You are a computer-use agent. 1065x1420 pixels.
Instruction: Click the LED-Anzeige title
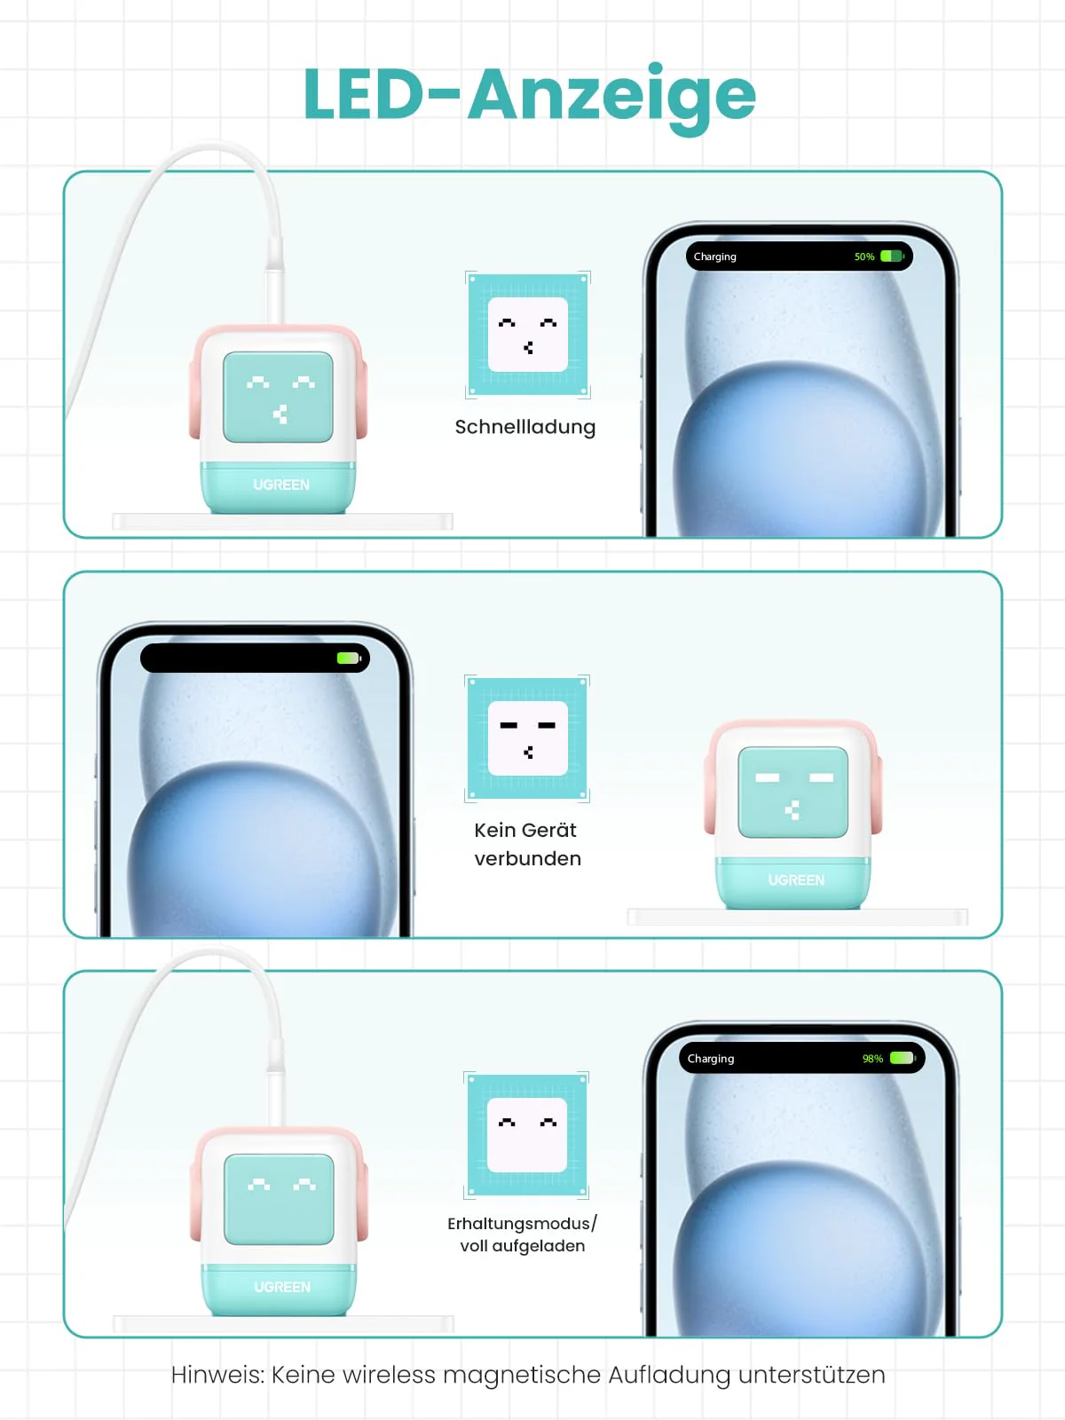529,95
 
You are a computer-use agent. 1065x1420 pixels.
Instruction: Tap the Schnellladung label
525,427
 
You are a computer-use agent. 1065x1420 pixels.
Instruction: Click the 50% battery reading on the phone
864,256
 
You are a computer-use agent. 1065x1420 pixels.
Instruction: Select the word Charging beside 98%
710,1059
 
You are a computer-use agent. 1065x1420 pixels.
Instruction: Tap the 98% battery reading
872,1059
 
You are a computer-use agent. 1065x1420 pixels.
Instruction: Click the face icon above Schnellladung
528,335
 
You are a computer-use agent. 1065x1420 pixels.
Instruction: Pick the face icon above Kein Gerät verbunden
528,738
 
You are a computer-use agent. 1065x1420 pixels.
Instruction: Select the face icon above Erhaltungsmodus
527,1135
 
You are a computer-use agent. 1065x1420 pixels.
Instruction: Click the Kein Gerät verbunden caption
527,844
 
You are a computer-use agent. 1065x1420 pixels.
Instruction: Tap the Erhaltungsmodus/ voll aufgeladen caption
522,1235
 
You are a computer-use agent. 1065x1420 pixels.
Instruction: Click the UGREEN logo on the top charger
281,485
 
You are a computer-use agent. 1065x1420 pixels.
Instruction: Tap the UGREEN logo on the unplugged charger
796,880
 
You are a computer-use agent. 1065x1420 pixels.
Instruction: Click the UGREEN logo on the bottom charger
282,1287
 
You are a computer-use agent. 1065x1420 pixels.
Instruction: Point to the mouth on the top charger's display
280,414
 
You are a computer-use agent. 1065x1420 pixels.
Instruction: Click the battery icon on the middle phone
348,659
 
